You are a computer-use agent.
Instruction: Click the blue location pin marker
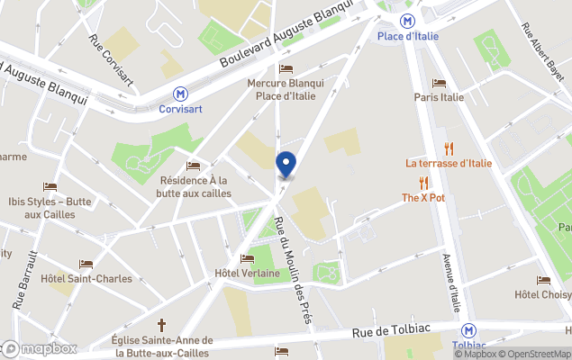(286, 165)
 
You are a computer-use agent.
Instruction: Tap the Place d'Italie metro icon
(408, 20)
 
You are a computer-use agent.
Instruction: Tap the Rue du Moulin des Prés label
(292, 275)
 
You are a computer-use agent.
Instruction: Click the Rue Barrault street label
(24, 280)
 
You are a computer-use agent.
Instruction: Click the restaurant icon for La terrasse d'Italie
(448, 148)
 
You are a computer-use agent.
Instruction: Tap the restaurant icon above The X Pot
(423, 183)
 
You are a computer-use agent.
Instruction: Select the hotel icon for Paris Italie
(439, 84)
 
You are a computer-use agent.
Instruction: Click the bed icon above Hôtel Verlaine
(247, 259)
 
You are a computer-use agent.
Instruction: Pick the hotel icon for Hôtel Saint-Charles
(86, 265)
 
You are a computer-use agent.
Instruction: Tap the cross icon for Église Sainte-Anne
(162, 324)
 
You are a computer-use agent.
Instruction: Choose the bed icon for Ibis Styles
(50, 187)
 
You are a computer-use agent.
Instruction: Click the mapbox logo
(40, 348)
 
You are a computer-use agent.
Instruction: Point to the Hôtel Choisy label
(542, 295)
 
